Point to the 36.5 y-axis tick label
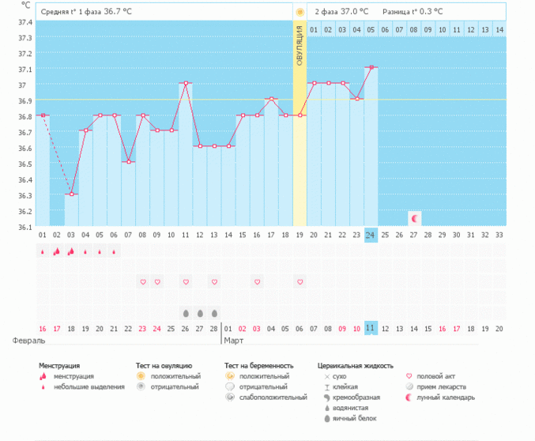click(x=24, y=164)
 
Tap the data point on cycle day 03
click(x=71, y=194)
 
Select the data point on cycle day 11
click(x=186, y=83)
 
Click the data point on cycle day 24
click(x=371, y=68)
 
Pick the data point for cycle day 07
click(x=128, y=161)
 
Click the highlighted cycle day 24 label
click(x=371, y=235)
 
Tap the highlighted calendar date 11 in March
click(x=371, y=327)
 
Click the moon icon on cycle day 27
click(x=414, y=217)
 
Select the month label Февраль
click(x=28, y=341)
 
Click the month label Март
click(x=233, y=341)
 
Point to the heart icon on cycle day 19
click(x=300, y=281)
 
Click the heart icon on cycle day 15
click(x=257, y=281)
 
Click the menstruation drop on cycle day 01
click(x=43, y=252)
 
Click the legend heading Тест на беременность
click(x=258, y=366)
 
